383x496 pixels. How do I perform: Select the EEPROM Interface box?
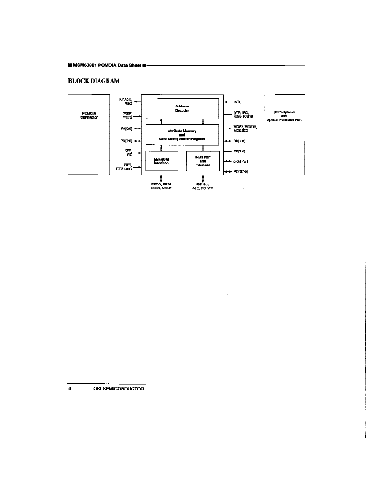(x=161, y=161)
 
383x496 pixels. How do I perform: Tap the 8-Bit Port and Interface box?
(x=203, y=161)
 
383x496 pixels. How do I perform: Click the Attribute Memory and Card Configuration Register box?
(x=182, y=134)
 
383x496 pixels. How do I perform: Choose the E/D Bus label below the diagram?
(x=203, y=184)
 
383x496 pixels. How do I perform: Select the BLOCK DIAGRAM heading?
(x=93, y=81)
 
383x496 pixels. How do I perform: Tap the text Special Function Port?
(x=284, y=120)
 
